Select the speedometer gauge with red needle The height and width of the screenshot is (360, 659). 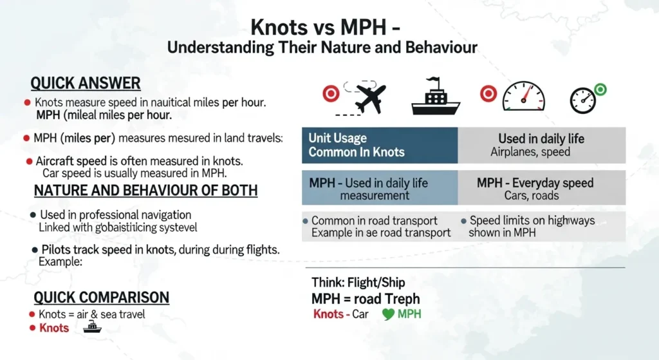point(523,98)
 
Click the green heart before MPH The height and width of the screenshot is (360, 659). point(388,314)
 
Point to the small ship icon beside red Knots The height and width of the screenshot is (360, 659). point(93,327)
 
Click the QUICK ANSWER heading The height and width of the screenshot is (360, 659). point(86,83)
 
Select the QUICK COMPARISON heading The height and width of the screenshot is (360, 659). point(101,298)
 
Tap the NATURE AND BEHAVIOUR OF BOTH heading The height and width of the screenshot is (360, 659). point(145,191)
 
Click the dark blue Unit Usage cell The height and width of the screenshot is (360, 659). point(380,145)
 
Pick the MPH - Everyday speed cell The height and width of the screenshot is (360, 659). point(541,189)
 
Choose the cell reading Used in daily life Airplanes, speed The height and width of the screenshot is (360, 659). point(541,145)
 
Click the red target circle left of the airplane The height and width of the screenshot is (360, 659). point(331,95)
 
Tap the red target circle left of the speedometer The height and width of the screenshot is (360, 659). point(488,95)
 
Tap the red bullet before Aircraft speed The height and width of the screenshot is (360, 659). point(30,161)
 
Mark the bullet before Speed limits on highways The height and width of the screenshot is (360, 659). point(464,221)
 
